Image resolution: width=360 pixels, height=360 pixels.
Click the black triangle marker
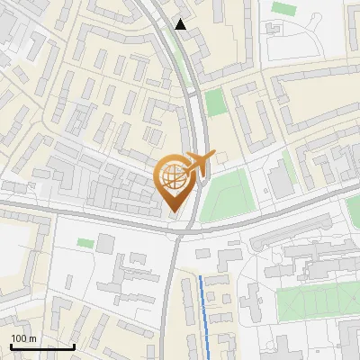tap(181, 24)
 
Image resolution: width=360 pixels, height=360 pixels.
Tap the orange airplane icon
tap(197, 163)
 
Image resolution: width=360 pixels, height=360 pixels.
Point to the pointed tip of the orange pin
tap(173, 212)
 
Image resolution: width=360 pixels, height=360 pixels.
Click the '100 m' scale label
tap(24, 337)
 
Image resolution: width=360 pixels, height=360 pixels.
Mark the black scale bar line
tap(42, 346)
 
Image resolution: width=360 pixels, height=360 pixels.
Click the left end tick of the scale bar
tap(11, 345)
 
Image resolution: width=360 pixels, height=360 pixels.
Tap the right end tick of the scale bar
tap(74, 345)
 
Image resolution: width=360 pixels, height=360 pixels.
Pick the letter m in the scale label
tap(32, 337)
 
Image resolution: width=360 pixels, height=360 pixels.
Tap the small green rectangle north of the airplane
tap(213, 102)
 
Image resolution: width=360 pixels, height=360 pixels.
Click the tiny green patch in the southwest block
tap(85, 243)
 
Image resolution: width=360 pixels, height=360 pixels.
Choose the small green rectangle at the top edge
tap(283, 8)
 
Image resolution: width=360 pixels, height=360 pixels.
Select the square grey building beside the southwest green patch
tap(106, 242)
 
